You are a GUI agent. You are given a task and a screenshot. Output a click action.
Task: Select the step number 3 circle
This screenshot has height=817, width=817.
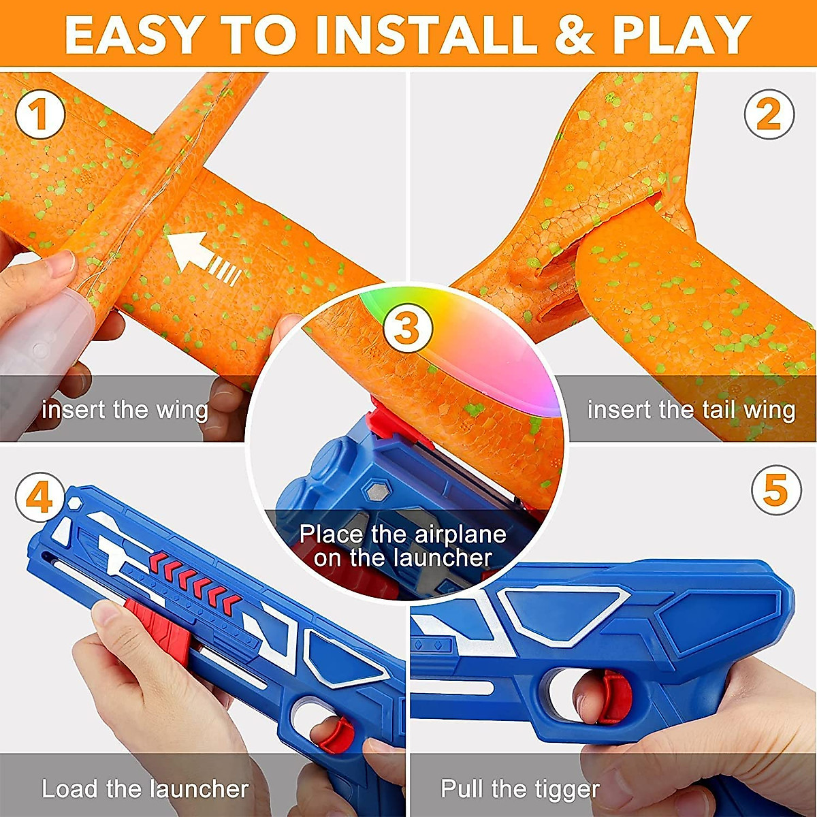point(408,330)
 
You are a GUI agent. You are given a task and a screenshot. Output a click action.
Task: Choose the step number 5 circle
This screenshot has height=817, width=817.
point(776,490)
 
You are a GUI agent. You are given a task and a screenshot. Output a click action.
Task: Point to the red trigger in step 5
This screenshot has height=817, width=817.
point(616,694)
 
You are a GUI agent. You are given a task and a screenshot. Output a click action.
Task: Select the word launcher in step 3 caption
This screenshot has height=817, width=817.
point(442,558)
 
